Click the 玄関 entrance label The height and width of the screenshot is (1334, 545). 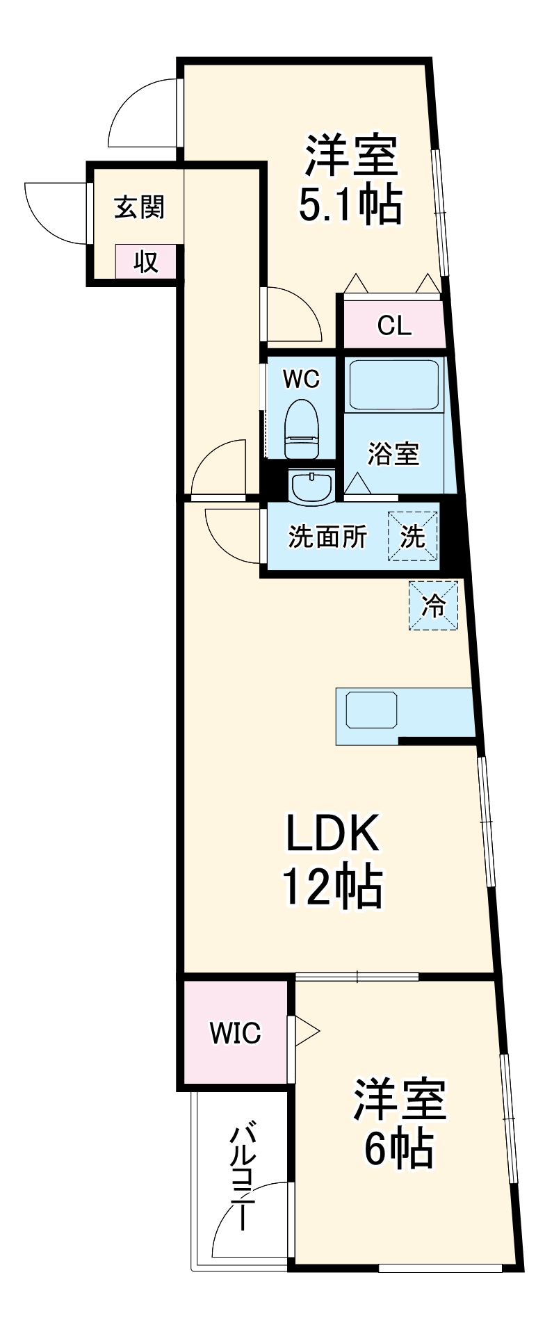click(x=139, y=207)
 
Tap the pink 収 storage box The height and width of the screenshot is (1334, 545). click(x=146, y=262)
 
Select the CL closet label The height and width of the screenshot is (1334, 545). click(x=394, y=325)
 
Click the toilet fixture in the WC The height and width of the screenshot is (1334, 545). click(x=302, y=429)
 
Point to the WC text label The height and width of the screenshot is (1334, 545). click(x=301, y=379)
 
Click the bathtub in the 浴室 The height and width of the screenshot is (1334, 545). click(x=394, y=384)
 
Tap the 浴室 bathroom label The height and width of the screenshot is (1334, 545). click(x=393, y=453)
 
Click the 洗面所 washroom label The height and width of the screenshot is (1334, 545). click(x=327, y=536)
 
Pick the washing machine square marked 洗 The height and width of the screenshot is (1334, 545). click(x=412, y=536)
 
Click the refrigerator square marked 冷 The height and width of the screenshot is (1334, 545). click(x=434, y=605)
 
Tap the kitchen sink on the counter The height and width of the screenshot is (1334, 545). click(x=368, y=708)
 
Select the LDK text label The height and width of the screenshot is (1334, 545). click(x=332, y=833)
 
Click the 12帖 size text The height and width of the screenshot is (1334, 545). click(x=332, y=887)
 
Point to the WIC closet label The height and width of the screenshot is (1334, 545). click(x=236, y=1033)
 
